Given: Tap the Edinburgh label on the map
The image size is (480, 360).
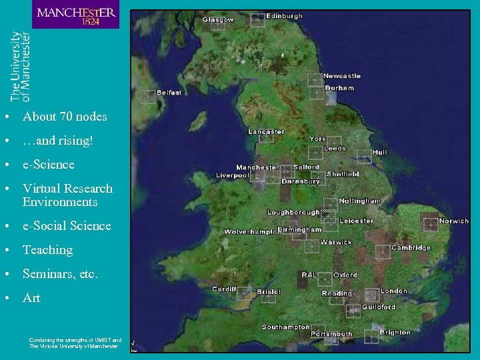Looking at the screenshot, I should pos(284,16).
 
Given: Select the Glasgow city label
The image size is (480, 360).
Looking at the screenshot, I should pos(219,20).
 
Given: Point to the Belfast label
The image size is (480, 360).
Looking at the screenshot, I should pos(169,93).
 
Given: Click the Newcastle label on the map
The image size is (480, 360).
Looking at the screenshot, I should pos(342,76).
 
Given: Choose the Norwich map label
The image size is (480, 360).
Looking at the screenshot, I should pos(454,221).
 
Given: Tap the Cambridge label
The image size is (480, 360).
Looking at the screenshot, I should pos(411,247).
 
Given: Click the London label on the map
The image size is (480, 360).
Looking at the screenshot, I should pos(393,291).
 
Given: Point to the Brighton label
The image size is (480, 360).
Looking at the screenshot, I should pos(395,332).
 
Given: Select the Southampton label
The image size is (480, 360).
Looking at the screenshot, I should pos(286,327).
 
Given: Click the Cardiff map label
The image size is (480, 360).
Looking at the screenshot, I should pos(224,289).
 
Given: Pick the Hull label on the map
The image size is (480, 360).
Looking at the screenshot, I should pos(379,153).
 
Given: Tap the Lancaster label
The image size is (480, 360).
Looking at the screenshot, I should pos(266,131).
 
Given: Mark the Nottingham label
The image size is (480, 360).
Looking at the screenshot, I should pos(360,201).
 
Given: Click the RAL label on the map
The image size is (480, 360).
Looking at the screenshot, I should pos(309,275).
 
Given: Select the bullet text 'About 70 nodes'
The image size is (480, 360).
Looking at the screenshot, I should pos(65,117).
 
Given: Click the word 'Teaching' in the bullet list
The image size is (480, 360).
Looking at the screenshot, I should pos(47,250).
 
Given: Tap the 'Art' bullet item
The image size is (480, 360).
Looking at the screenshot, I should pos(31,298).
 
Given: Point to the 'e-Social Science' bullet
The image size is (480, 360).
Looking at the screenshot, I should pos(67,226).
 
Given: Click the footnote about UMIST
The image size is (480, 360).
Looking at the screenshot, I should pos(75,343).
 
